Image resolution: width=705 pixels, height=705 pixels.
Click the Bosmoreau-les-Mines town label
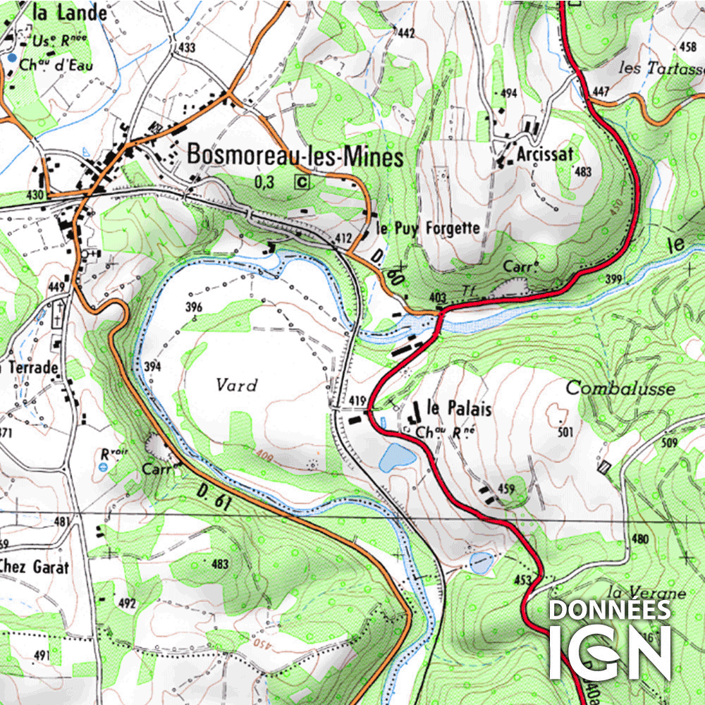pos(295,157)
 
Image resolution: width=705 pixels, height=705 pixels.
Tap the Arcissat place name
pos(544,154)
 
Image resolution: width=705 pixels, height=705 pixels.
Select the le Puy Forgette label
pos(428,228)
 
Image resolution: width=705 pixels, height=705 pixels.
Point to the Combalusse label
pos(620,388)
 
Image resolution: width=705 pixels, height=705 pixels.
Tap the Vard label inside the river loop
pos(237,385)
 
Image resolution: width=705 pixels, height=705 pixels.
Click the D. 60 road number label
pos(396,273)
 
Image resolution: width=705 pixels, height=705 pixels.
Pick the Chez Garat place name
pos(35,566)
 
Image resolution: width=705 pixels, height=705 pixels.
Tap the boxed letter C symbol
pos(302,182)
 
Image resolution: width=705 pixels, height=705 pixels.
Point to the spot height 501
pos(565,431)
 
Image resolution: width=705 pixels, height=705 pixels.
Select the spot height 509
pos(669,443)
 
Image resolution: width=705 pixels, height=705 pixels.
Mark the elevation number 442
pos(405,33)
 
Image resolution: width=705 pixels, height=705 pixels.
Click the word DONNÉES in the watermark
pos(610,610)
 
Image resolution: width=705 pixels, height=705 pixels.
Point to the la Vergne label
pos(646,593)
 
